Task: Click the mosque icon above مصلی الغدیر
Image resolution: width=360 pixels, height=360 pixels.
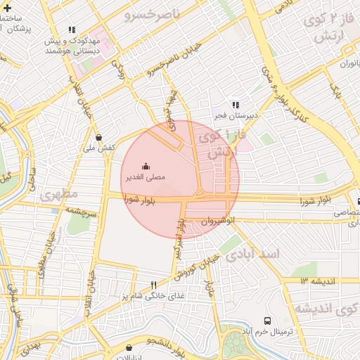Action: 146,166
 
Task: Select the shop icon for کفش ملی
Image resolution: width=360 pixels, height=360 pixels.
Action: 98,137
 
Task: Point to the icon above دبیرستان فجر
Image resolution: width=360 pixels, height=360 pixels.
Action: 236,104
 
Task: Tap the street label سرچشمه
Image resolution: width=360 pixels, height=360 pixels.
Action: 79,210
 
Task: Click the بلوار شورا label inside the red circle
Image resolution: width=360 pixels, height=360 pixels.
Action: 141,200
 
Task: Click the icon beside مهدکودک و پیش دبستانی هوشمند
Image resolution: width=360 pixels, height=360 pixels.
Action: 71,30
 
